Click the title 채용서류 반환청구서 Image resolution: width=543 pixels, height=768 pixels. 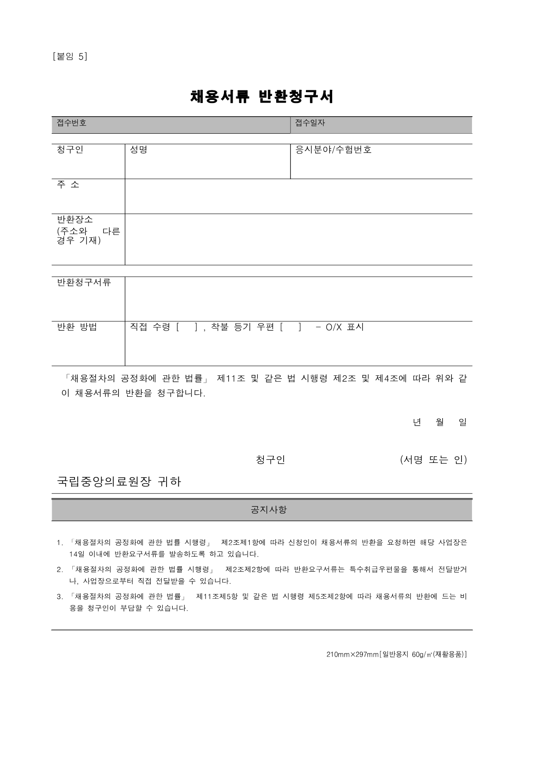click(x=262, y=97)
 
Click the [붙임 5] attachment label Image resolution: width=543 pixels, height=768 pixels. click(x=70, y=57)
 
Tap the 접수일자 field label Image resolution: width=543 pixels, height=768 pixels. click(x=310, y=123)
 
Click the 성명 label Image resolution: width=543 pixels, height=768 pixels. click(x=138, y=150)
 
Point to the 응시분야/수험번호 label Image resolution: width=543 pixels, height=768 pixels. click(x=333, y=150)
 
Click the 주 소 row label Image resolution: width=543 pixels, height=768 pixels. click(x=68, y=185)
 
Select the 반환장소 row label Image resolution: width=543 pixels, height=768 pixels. click(x=75, y=219)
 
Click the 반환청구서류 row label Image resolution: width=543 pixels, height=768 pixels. click(x=84, y=282)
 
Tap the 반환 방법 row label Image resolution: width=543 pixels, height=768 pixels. click(x=77, y=327)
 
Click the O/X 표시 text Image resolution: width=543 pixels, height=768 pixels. click(x=344, y=327)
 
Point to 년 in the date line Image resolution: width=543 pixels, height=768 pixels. click(x=417, y=422)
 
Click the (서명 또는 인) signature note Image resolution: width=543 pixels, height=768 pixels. click(x=433, y=460)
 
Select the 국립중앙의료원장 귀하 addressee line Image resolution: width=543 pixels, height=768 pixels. click(x=119, y=482)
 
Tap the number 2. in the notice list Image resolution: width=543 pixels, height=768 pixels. click(x=60, y=570)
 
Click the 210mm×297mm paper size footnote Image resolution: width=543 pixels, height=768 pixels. click(x=396, y=654)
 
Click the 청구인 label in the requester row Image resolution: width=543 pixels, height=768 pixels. click(x=70, y=150)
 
